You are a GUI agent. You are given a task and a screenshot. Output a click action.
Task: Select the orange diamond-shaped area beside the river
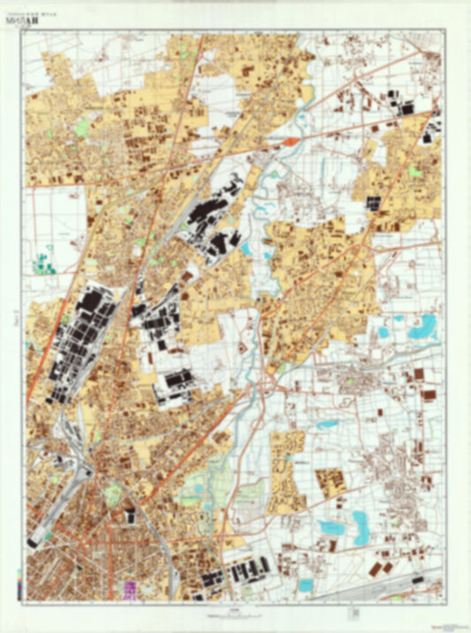tap(290, 141)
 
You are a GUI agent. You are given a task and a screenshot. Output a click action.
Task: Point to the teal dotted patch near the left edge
tap(42, 262)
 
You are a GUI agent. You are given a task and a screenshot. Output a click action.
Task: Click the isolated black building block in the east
tap(373, 202)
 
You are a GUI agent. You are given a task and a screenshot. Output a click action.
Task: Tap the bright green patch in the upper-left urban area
tap(81, 129)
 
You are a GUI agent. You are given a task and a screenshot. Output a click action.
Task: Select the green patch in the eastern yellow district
tap(414, 172)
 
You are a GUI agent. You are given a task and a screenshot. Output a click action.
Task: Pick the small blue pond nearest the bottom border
tap(305, 584)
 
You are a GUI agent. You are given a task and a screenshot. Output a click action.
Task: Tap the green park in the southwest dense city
tap(112, 495)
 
